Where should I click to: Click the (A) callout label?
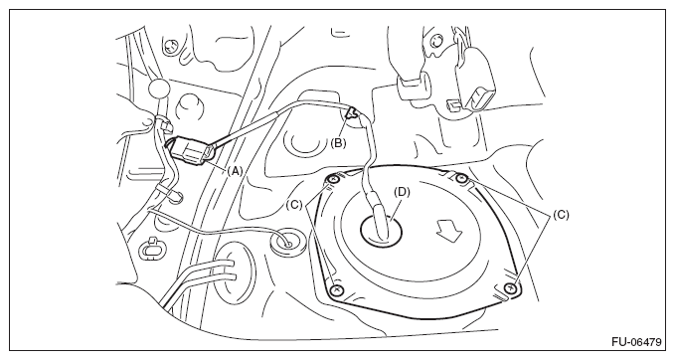click(x=235, y=171)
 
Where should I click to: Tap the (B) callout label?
click(x=338, y=143)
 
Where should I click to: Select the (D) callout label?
click(x=402, y=192)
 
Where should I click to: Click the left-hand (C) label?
click(x=294, y=205)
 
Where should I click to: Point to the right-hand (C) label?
click(x=561, y=215)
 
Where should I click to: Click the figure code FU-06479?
click(x=636, y=342)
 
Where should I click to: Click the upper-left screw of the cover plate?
click(x=333, y=180)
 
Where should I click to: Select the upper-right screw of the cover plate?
click(x=462, y=178)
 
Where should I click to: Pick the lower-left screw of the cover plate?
click(x=337, y=290)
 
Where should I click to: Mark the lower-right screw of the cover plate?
click(x=511, y=287)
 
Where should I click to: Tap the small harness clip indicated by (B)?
click(x=352, y=113)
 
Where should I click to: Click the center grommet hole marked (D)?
click(x=382, y=230)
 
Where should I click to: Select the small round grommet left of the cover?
click(x=287, y=243)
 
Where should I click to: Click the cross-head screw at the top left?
click(x=171, y=45)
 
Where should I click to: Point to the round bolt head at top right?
click(x=436, y=41)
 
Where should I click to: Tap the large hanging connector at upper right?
click(x=473, y=83)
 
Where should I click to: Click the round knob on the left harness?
click(x=159, y=89)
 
